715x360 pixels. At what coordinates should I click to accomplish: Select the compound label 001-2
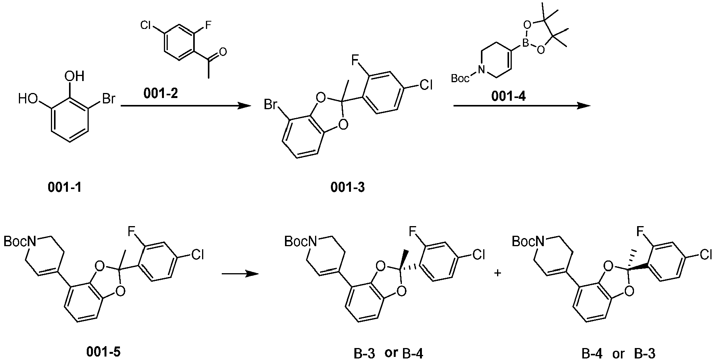[x=161, y=94]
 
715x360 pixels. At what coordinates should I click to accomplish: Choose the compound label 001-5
[x=103, y=352]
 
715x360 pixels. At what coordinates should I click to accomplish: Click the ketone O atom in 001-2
[x=223, y=52]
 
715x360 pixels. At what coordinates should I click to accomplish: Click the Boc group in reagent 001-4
[x=460, y=79]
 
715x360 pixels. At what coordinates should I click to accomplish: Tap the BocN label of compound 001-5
[x=20, y=242]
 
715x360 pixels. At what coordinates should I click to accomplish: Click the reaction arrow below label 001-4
[x=522, y=105]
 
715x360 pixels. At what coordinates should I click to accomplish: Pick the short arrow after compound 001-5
[x=240, y=274]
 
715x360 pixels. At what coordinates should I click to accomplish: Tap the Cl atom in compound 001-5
[x=197, y=255]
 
